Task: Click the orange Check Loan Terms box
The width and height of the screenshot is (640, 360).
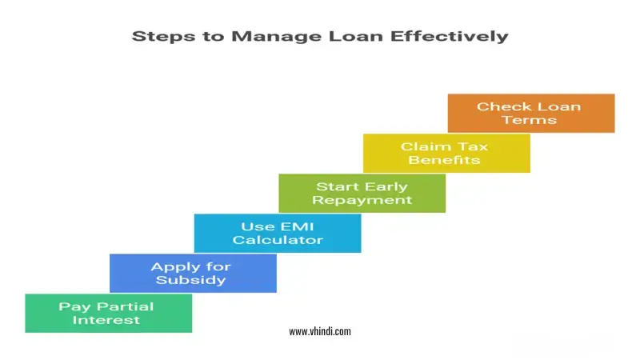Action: (x=530, y=113)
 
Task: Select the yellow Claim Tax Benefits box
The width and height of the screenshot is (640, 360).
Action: (x=446, y=153)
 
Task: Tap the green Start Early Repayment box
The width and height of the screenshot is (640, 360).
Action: (x=362, y=193)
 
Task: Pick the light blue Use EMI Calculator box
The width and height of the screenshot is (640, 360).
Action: (x=277, y=233)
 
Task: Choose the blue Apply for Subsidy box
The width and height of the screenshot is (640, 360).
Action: (x=192, y=273)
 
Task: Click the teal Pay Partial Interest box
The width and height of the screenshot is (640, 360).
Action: (x=108, y=313)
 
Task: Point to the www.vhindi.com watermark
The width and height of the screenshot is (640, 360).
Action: (x=319, y=331)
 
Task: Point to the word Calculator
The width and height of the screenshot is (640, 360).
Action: (x=277, y=240)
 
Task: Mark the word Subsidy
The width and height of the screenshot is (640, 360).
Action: (x=192, y=280)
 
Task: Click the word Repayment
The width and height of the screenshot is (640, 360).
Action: (x=362, y=200)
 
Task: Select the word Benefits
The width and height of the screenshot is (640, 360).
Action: (x=445, y=160)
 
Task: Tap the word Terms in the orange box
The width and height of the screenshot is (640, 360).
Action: (x=530, y=120)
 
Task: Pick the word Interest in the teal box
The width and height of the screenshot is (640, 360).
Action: (x=106, y=320)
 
